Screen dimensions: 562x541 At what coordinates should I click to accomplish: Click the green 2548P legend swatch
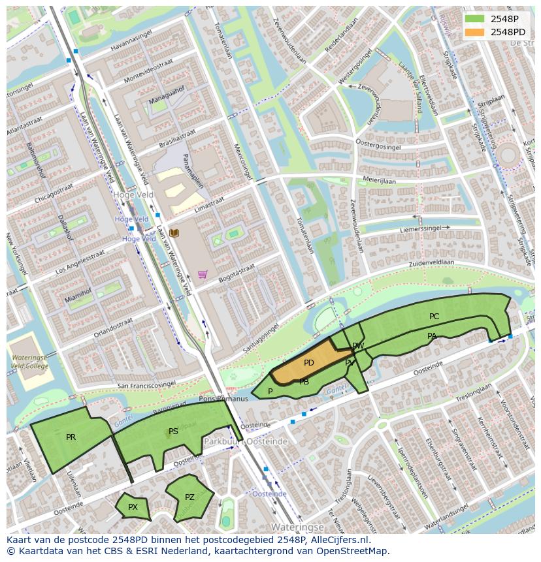click(475, 19)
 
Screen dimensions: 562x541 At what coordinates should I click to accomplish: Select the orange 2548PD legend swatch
click(475, 32)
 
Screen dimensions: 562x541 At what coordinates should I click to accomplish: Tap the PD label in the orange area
click(309, 363)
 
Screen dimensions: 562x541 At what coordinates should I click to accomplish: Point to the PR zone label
click(71, 437)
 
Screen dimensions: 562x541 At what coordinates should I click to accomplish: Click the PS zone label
click(173, 431)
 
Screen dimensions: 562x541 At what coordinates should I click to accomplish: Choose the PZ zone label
click(189, 497)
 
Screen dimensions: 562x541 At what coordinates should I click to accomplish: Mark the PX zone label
click(133, 507)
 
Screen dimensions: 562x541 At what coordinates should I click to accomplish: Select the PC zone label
click(434, 317)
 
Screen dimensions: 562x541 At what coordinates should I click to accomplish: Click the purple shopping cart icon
click(203, 275)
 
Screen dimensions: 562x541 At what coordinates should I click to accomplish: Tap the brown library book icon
click(174, 233)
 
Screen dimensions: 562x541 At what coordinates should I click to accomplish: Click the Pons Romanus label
click(223, 399)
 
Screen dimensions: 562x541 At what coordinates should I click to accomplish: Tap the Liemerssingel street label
click(421, 229)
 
